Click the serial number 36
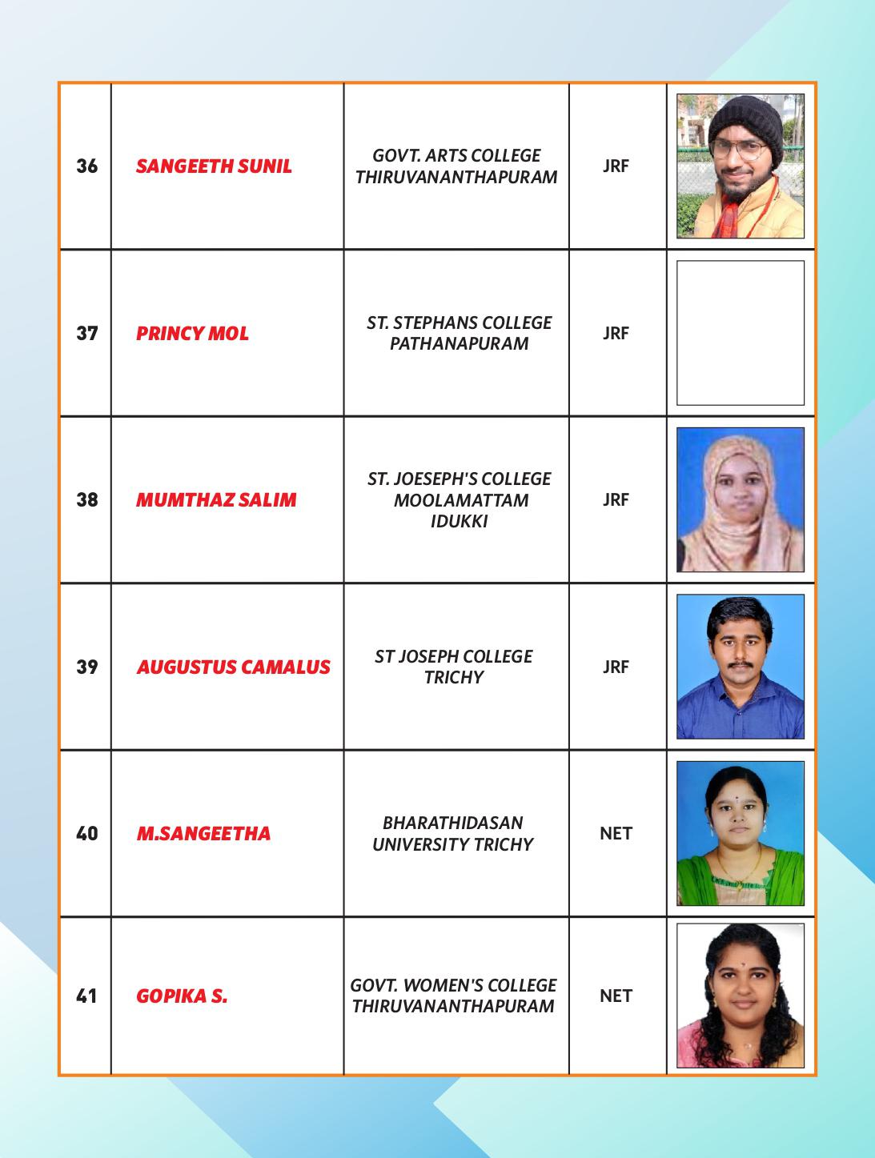[86, 166]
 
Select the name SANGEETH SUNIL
[214, 166]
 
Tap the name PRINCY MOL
[192, 333]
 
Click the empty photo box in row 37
[740, 333]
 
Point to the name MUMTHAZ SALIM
[216, 500]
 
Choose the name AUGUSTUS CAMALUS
[233, 667]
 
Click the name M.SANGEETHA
[203, 833]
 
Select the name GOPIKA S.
[182, 996]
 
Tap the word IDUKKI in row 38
[459, 521]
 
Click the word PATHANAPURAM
[459, 343]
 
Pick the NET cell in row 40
[616, 833]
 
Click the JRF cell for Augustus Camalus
[616, 667]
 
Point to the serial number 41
[86, 996]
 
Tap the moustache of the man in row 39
[738, 663]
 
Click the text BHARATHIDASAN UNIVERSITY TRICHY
[453, 833]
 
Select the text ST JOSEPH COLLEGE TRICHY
[453, 667]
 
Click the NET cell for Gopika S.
[616, 996]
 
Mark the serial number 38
[86, 500]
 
